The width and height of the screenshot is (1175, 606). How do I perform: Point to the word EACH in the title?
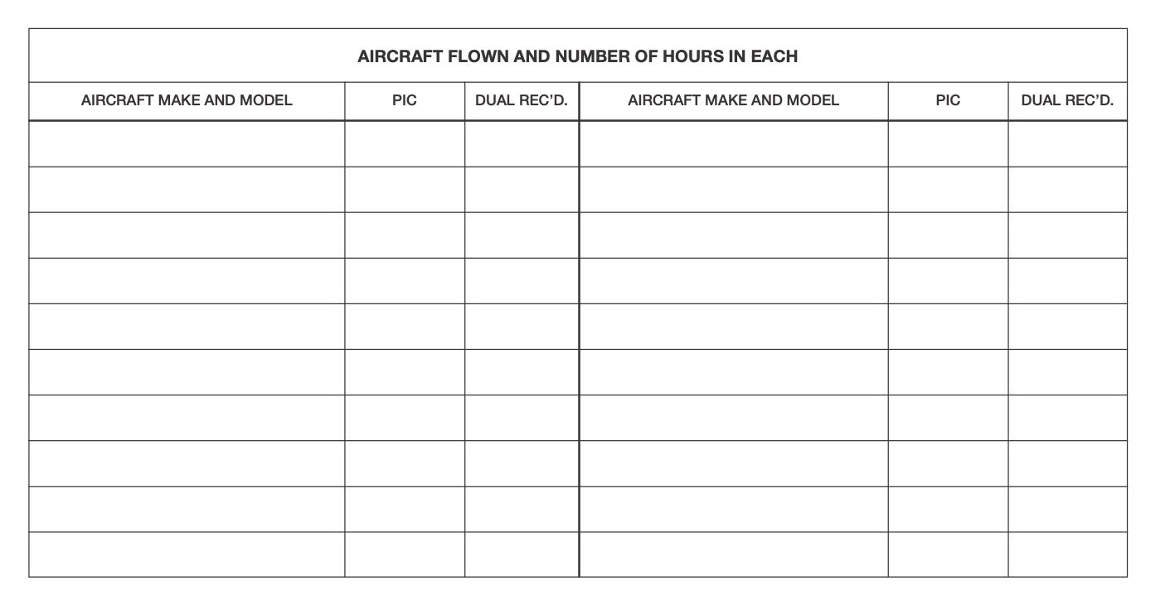tap(774, 56)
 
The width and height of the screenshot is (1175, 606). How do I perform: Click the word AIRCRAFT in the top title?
tap(400, 56)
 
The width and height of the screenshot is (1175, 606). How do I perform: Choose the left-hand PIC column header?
tap(405, 100)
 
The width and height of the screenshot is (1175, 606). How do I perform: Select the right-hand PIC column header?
tap(948, 100)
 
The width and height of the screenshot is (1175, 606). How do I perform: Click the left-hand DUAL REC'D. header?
tap(522, 100)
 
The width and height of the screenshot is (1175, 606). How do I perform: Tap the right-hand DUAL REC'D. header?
tap(1067, 100)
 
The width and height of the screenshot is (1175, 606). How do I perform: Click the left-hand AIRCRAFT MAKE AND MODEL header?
tap(187, 100)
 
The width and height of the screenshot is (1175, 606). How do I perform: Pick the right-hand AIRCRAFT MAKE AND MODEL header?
tap(733, 100)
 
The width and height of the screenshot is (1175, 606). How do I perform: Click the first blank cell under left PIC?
tap(405, 143)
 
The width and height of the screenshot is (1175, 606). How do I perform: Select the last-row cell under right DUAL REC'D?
tap(1067, 555)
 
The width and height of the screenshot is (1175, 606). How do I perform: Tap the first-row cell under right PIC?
tap(948, 143)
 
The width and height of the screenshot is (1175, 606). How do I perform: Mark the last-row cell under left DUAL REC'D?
tap(522, 555)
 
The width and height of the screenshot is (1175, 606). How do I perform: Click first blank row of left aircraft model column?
tap(187, 143)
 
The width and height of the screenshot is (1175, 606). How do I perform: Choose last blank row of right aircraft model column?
tap(733, 555)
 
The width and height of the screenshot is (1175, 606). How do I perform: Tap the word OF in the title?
tap(646, 56)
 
